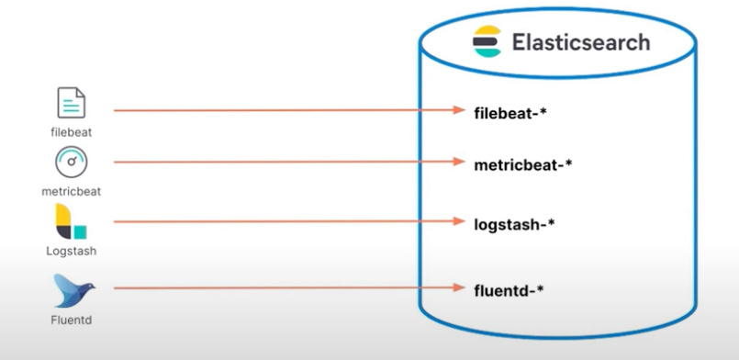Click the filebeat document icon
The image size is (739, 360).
(x=71, y=104)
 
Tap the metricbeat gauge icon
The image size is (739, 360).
(x=71, y=163)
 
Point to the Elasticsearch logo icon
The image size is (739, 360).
(x=487, y=42)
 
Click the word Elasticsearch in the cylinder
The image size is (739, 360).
(x=579, y=42)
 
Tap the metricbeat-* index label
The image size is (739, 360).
(x=524, y=164)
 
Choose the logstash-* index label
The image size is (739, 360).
(x=516, y=223)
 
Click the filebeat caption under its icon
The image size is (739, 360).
(x=71, y=132)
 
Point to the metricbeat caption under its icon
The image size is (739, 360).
(x=71, y=192)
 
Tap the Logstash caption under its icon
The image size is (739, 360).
(x=71, y=251)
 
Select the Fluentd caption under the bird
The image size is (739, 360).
(x=71, y=321)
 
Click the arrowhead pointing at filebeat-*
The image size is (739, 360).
(x=463, y=110)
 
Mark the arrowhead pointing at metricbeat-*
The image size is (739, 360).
(x=463, y=162)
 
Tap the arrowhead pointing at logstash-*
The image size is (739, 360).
(x=463, y=221)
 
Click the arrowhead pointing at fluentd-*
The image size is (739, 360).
(x=463, y=287)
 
